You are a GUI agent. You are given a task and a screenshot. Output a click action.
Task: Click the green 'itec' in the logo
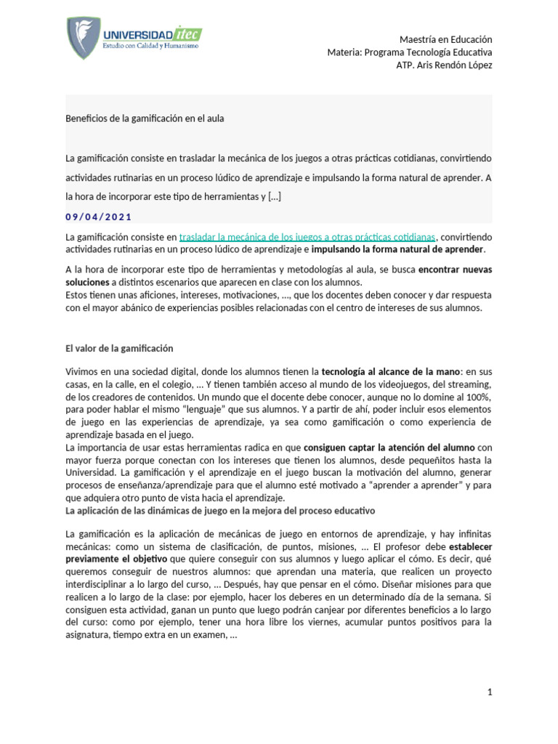click(x=188, y=33)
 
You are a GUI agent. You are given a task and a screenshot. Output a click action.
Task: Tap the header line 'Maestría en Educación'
click(x=445, y=39)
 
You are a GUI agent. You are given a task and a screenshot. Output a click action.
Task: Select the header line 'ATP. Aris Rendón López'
click(x=444, y=65)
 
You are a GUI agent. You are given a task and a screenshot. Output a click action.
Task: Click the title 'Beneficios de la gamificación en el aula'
click(x=145, y=118)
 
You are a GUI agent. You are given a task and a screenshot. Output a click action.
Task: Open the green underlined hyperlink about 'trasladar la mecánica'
click(x=307, y=237)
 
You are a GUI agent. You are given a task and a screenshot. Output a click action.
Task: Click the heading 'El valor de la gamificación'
click(x=119, y=349)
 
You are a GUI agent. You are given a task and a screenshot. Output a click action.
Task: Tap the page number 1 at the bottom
click(x=490, y=692)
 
